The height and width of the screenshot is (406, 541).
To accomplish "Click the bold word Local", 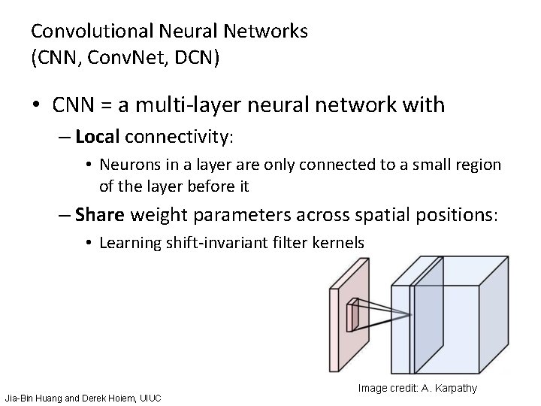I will pyautogui.click(x=98, y=137).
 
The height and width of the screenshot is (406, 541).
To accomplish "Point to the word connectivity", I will pyautogui.click(x=181, y=137).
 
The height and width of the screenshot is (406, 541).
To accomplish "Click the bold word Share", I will pyautogui.click(x=101, y=215).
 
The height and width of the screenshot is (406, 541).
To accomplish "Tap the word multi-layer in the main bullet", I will pyautogui.click(x=186, y=104).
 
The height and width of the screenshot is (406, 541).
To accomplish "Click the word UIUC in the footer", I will pyautogui.click(x=147, y=396).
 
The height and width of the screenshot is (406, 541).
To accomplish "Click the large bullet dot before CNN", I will pyautogui.click(x=37, y=105).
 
